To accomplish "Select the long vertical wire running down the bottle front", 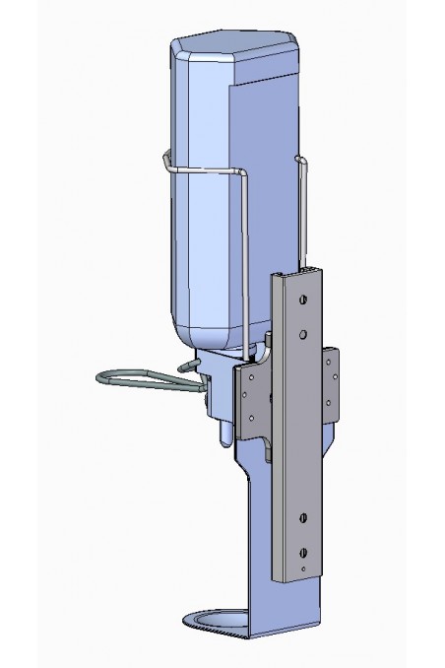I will click(243, 266).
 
